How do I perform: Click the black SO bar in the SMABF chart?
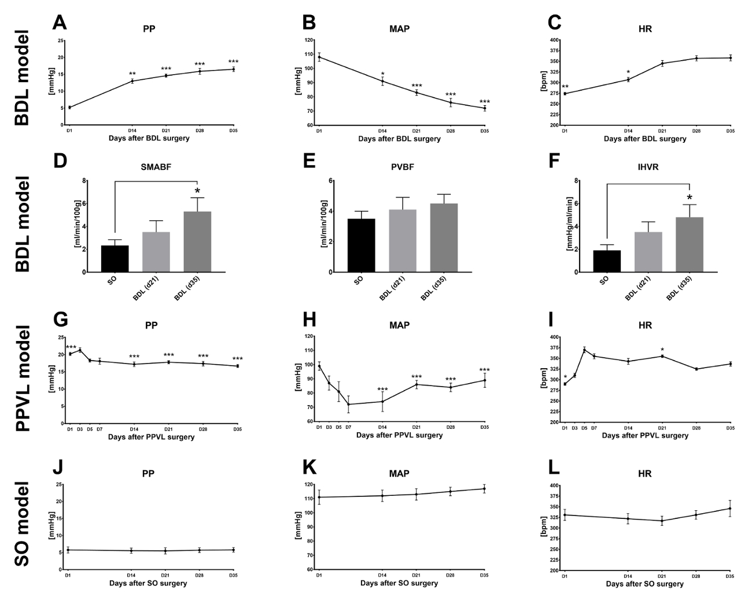coord(115,258)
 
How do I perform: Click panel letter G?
coord(60,320)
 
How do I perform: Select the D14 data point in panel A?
coord(132,81)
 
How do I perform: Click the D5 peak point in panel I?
coord(584,350)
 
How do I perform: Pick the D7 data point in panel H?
coord(348,405)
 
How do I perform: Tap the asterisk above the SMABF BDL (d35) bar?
coord(197,191)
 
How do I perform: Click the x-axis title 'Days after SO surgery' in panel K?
coord(399,584)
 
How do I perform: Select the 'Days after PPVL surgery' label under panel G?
coord(151,437)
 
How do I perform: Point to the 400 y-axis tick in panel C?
coord(555,40)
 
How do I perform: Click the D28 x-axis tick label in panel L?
coord(696,576)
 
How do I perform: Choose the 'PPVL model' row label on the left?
coord(22,379)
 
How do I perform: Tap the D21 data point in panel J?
coord(165,551)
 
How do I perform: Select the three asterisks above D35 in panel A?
coord(233,62)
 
